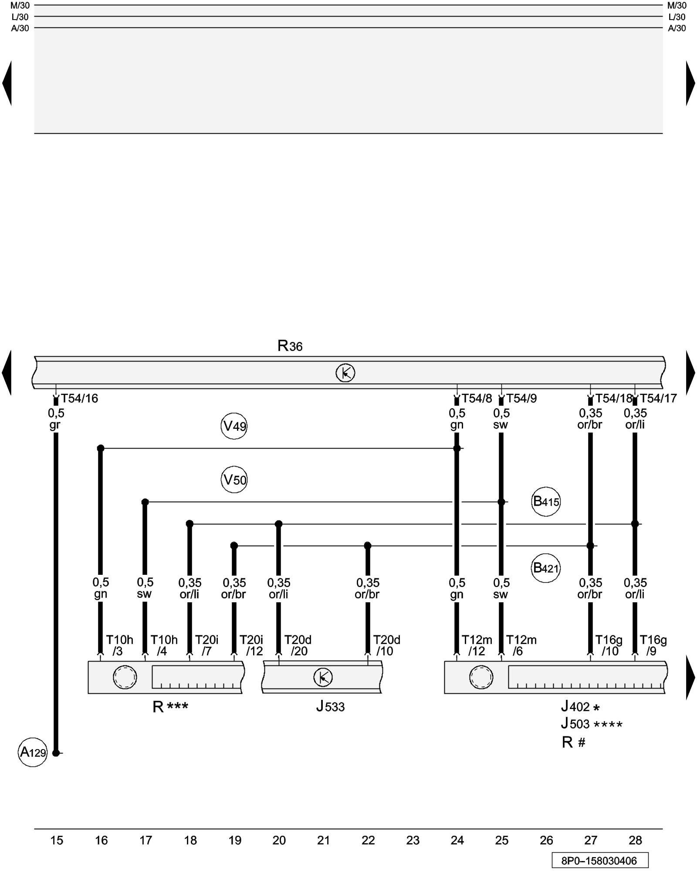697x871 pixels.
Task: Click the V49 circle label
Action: click(234, 426)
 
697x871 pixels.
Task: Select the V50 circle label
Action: click(234, 480)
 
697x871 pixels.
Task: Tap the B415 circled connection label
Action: click(546, 502)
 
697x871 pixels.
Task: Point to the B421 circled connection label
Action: click(546, 568)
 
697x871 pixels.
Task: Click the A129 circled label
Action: click(33, 752)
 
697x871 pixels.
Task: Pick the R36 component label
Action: click(290, 346)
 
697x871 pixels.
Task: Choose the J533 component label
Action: click(330, 706)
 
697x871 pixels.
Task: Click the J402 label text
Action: click(575, 706)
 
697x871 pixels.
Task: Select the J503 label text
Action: click(575, 724)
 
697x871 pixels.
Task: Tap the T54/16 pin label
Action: click(79, 398)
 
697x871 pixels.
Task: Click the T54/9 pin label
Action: click(521, 398)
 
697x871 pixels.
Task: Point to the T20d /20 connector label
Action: click(298, 645)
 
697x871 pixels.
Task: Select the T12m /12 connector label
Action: click(477, 645)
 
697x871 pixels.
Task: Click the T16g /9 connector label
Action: click(653, 645)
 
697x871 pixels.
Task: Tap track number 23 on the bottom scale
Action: click(413, 841)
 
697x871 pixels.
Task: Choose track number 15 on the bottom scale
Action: click(57, 841)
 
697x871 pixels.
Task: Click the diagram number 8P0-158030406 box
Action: click(599, 861)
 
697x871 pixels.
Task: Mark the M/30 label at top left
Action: click(20, 6)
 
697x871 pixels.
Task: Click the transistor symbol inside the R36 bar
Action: click(345, 373)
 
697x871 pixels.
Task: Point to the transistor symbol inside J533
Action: click(323, 677)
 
